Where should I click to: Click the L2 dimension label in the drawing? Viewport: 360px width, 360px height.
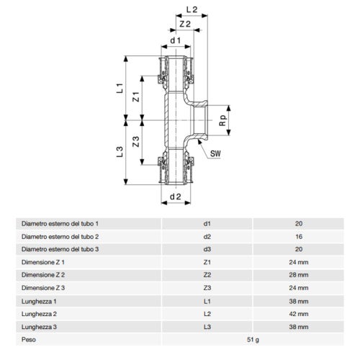pyautogui.click(x=192, y=10)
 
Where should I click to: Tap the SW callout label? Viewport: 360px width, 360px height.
pyautogui.click(x=215, y=153)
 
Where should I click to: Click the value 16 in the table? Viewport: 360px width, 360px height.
pyautogui.click(x=298, y=236)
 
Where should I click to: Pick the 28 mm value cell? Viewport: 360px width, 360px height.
pyautogui.click(x=298, y=274)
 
